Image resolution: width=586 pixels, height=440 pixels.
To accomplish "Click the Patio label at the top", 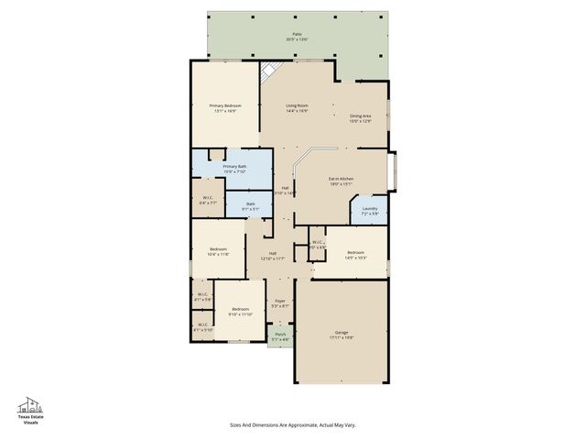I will click(296, 34).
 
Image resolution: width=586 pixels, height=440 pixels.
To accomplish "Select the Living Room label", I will click(297, 105).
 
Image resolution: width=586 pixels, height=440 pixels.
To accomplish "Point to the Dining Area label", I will click(360, 115).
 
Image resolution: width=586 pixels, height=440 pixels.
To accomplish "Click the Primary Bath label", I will click(235, 166).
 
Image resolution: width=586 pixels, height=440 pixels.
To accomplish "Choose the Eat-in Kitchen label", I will click(342, 179).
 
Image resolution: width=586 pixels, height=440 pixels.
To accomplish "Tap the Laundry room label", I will click(368, 209).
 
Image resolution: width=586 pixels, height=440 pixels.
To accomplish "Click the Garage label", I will click(341, 332).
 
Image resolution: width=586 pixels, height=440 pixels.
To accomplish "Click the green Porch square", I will click(280, 336).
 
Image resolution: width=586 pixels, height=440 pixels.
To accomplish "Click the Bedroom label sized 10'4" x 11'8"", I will click(218, 249).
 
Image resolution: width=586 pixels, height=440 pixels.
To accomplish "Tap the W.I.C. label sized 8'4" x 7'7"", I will click(208, 197).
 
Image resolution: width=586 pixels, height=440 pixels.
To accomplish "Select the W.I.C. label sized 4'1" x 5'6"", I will click(203, 294).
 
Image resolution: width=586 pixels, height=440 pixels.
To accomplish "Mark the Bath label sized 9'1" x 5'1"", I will click(250, 203).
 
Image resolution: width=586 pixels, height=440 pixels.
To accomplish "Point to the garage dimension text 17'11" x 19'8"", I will click(341, 337).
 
